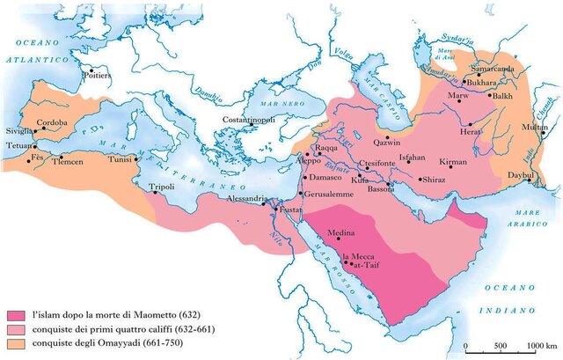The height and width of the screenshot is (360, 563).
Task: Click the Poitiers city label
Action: (98, 76)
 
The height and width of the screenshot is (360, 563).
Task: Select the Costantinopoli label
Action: (248, 119)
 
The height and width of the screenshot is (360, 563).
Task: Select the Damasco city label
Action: (323, 179)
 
